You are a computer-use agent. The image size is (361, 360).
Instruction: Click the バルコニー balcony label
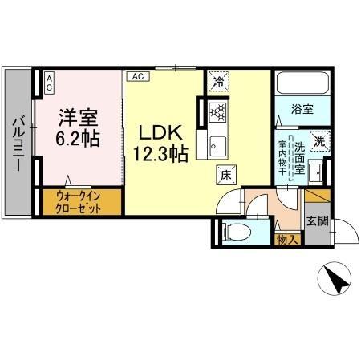(16, 144)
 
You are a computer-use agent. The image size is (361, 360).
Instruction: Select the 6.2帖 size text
(78, 138)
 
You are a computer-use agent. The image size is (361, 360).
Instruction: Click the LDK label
(164, 132)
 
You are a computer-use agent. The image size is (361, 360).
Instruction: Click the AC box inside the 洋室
(48, 79)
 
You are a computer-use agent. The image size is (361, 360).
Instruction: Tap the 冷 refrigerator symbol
(218, 81)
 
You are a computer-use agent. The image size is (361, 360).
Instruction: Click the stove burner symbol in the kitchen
(217, 112)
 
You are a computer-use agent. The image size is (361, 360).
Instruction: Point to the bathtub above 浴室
(302, 84)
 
